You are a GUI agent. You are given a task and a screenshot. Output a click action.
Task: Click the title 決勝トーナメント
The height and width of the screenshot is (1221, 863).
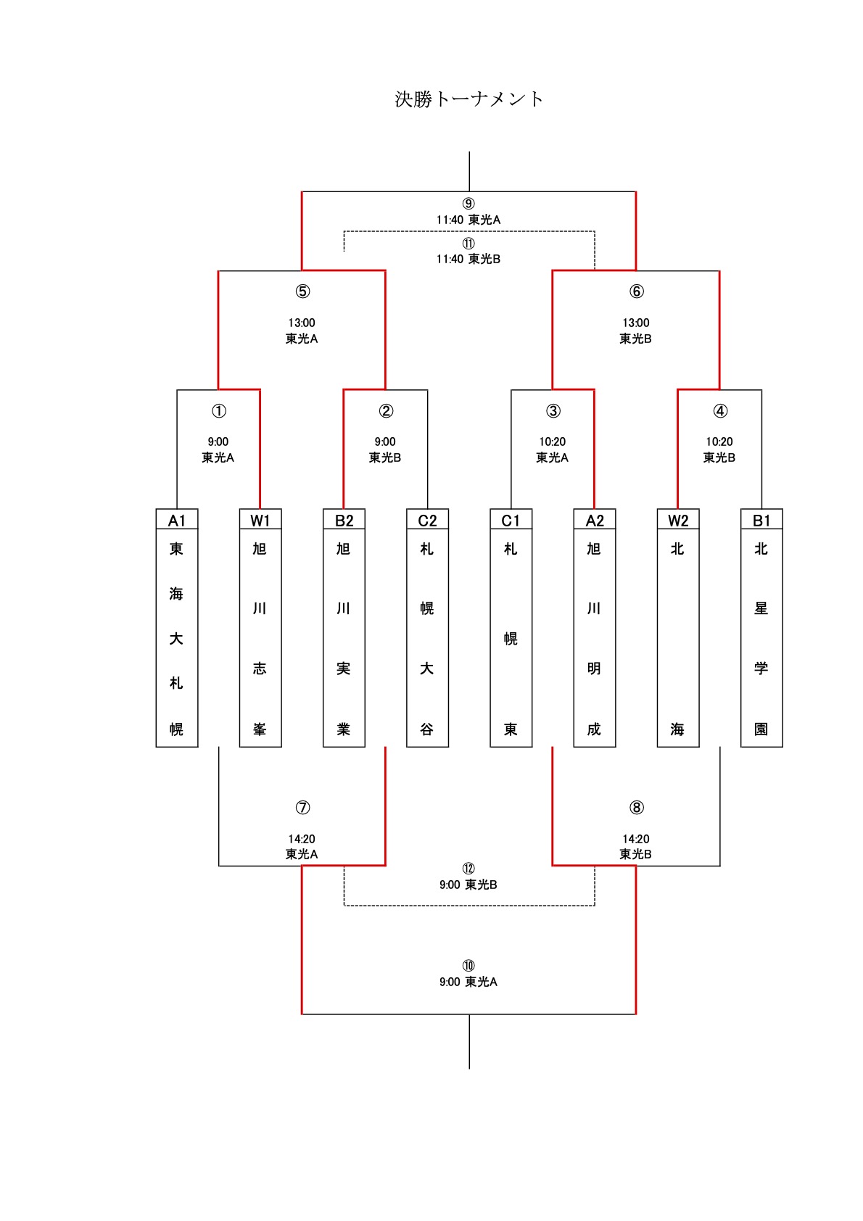tap(468, 99)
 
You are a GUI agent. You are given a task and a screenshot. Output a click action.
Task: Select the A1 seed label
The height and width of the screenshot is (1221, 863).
tap(177, 521)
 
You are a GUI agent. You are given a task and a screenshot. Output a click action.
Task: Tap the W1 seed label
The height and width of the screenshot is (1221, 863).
tap(260, 521)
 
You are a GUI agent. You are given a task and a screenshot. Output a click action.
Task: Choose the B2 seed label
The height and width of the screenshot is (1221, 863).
tap(344, 521)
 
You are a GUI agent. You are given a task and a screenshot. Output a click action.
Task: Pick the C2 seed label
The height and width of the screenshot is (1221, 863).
tap(427, 521)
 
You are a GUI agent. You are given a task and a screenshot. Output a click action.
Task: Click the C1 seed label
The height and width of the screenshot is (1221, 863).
tap(511, 521)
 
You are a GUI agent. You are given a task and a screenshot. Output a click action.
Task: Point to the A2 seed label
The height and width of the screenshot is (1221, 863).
tap(594, 521)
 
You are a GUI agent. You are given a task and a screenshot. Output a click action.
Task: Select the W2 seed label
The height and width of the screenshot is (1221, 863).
tap(678, 521)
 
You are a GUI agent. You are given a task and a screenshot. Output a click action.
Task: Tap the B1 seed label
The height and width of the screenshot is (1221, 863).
tap(761, 521)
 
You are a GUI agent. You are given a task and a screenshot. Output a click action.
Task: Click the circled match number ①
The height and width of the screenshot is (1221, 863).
tap(218, 411)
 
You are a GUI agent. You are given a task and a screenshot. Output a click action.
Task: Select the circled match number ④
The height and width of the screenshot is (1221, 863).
tap(720, 411)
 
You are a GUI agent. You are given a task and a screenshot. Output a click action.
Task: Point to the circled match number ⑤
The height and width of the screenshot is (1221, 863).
tap(302, 291)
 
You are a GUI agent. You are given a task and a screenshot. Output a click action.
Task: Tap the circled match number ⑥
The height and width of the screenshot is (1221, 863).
tap(636, 291)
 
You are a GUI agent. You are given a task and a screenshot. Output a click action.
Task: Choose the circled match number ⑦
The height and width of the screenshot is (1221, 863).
tap(302, 807)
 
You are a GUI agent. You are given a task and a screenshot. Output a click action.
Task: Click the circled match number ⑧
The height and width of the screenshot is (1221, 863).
tap(636, 807)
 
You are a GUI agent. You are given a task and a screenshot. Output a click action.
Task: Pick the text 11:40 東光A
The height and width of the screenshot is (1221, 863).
tap(468, 220)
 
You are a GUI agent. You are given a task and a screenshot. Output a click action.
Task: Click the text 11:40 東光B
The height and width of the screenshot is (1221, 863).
tap(468, 259)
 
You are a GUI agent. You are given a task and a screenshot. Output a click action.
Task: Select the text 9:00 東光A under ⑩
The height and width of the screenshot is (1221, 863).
tap(468, 982)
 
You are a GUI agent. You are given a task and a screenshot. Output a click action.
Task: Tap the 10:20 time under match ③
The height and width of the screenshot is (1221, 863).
tap(553, 442)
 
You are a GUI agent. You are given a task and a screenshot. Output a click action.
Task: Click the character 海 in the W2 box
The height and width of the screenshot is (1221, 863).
tap(677, 729)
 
